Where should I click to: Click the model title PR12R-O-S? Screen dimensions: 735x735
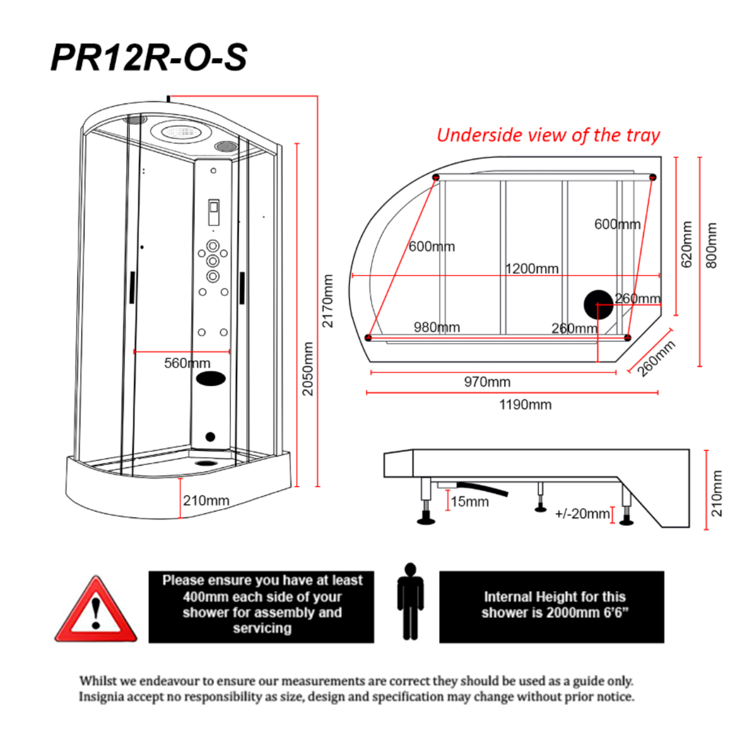[x=149, y=58]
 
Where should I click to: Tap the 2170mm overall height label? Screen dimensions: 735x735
[x=328, y=301]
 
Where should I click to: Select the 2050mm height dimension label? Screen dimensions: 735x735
[x=308, y=368]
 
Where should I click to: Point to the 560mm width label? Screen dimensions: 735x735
[x=187, y=363]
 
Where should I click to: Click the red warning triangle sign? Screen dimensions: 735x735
[x=96, y=610]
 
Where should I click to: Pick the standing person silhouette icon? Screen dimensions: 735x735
[x=410, y=601]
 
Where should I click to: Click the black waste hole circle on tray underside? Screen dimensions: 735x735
[x=598, y=305]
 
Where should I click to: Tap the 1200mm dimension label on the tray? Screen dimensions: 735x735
[x=532, y=269]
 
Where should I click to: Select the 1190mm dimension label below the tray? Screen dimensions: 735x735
[x=525, y=405]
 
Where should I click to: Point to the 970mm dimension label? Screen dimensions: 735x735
[x=487, y=382]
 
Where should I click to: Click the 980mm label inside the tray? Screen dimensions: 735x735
[x=437, y=327]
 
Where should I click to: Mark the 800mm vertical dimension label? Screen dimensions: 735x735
[x=711, y=245]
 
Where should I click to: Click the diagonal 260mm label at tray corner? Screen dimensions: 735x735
[x=656, y=358]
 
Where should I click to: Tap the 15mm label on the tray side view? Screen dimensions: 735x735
[x=470, y=502]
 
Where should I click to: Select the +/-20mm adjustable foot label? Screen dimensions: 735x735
[x=582, y=514]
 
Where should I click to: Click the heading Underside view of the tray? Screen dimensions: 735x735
[x=548, y=135]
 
